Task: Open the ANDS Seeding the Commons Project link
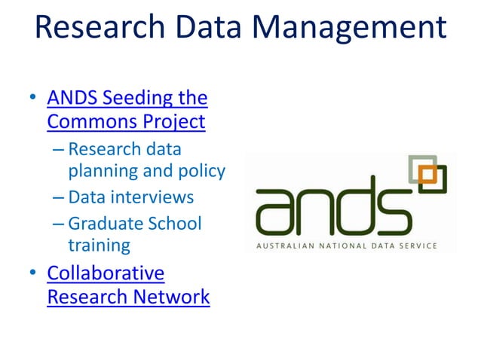[127, 109]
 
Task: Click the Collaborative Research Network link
[128, 285]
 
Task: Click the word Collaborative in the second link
[106, 273]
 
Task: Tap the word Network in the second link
[171, 297]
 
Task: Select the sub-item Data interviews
[130, 197]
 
